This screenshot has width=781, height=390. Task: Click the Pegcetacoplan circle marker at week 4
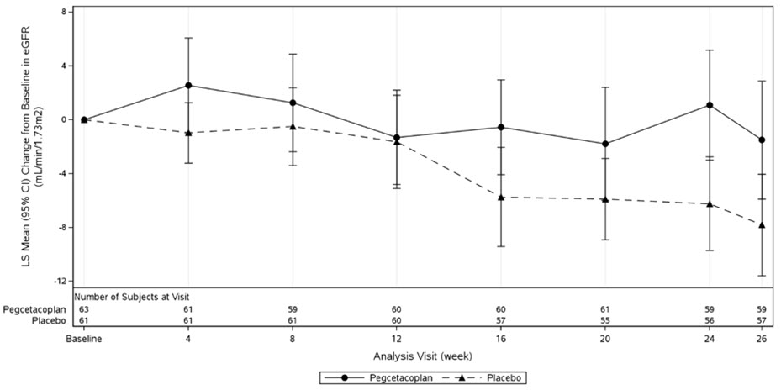pos(188,85)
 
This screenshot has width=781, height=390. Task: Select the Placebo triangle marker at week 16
pos(501,197)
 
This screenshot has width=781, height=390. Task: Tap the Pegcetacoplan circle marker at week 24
pos(710,105)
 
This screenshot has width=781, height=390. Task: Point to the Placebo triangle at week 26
pos(762,224)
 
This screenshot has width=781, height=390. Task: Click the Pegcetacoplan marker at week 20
pos(605,144)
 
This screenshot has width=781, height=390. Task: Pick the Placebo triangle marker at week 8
pos(293,126)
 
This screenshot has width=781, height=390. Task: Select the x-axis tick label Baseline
pos(84,340)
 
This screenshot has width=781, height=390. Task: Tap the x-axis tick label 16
pos(501,340)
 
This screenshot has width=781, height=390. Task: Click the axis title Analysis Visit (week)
pos(422,356)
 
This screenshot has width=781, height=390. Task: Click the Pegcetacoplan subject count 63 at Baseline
pos(84,309)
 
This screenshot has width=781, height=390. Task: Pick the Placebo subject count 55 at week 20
pos(605,321)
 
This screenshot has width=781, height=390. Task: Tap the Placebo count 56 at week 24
pos(710,321)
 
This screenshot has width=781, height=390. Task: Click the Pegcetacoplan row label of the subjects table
pos(35,309)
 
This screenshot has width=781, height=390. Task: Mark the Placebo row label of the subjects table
pos(49,321)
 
